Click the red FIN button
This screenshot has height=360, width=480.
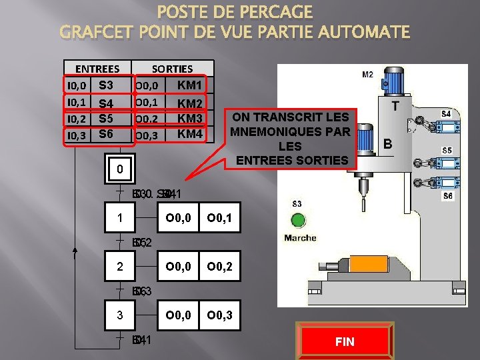click(345, 341)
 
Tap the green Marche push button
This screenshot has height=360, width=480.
click(298, 221)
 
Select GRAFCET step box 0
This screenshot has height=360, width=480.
click(119, 169)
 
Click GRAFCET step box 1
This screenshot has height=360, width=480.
click(119, 218)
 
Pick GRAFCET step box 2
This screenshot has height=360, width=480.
click(119, 267)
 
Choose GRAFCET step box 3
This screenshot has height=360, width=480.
click(119, 315)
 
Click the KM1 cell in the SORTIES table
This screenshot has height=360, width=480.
click(189, 85)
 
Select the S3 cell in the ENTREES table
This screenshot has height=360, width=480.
click(105, 85)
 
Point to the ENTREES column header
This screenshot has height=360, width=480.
click(97, 69)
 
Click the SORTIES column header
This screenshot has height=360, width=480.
click(172, 69)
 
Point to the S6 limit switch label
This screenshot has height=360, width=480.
click(448, 196)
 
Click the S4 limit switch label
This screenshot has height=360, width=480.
click(447, 115)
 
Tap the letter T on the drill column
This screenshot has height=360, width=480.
click(395, 106)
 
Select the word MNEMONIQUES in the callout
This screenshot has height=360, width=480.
click(290, 131)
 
